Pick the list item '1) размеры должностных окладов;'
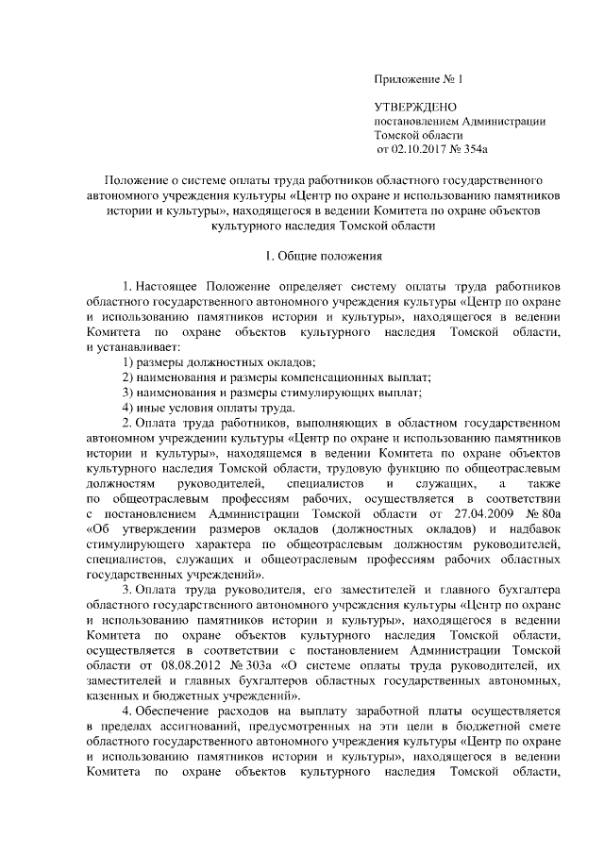[x=219, y=363]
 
